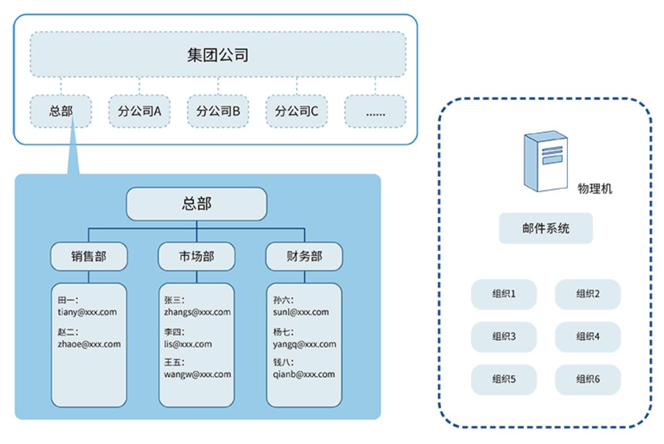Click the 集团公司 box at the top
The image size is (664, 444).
(218, 54)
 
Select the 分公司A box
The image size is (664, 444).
(139, 111)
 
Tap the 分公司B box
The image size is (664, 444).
(218, 111)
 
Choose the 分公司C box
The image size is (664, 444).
(296, 111)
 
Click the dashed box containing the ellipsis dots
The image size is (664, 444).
(375, 111)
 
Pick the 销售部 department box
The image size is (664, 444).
(89, 256)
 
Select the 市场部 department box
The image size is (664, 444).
(197, 256)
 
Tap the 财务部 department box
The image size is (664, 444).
(304, 256)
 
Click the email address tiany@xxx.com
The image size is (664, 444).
(87, 312)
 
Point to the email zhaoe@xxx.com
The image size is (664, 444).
(89, 344)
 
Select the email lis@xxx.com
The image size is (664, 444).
(188, 344)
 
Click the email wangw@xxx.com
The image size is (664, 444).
(197, 375)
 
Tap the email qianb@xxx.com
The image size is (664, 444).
(304, 375)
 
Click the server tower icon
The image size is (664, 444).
(546, 161)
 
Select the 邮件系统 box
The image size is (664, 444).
(546, 228)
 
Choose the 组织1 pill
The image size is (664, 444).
(503, 294)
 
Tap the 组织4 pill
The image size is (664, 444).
(588, 337)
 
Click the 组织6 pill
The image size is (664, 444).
(588, 379)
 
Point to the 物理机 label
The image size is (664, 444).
(595, 188)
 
